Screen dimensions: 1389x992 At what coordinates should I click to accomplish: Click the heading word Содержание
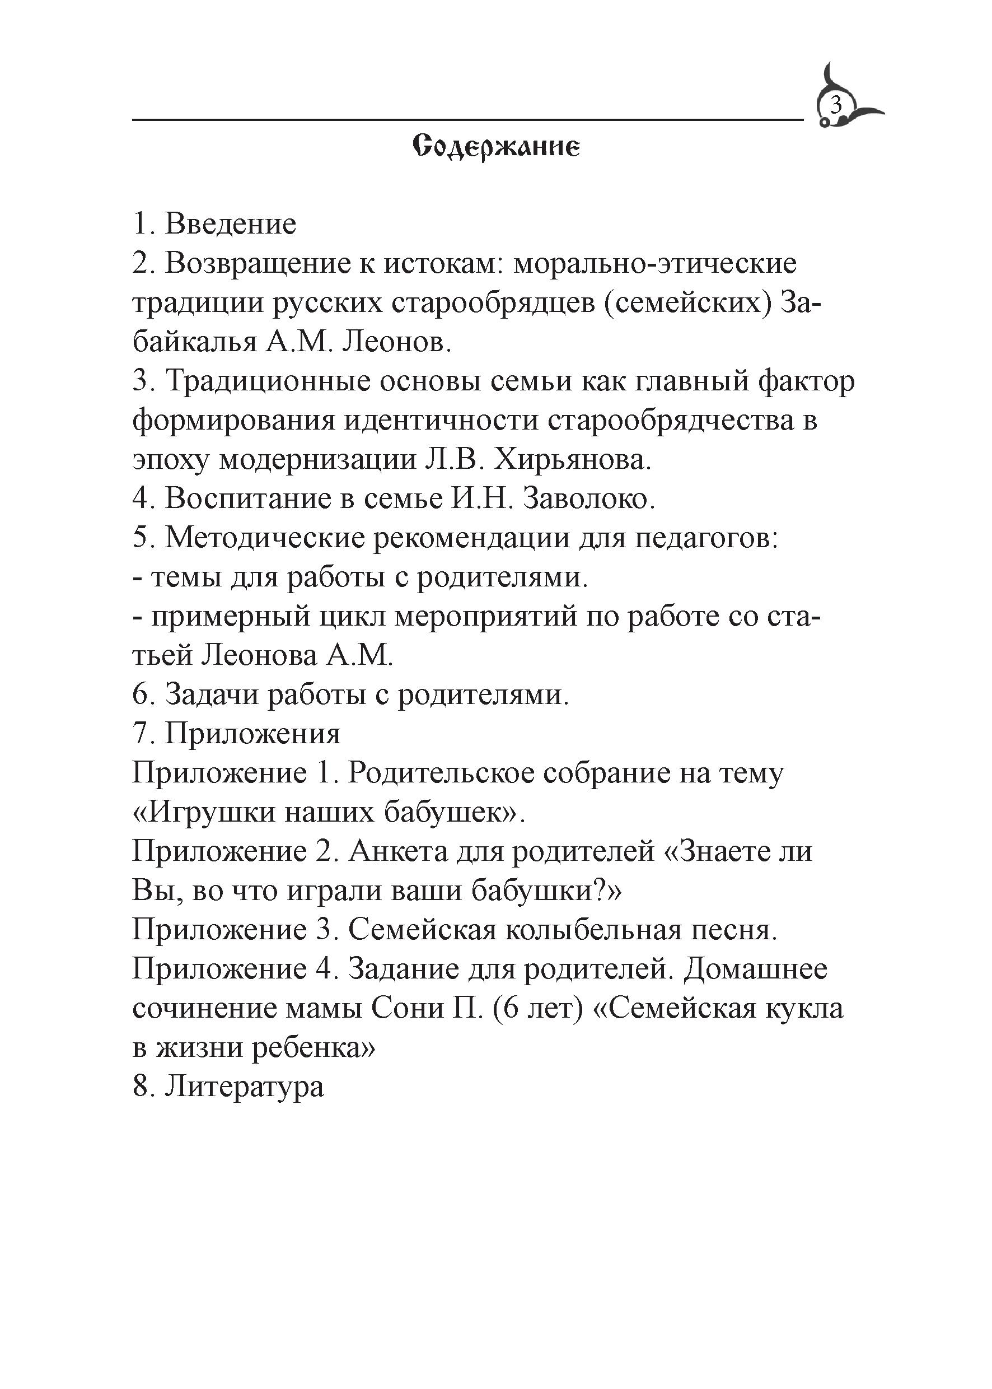[495, 147]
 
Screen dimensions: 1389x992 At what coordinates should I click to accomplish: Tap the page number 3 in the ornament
[836, 106]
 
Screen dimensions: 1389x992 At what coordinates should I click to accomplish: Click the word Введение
[230, 224]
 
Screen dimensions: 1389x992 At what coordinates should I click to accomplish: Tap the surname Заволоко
[589, 499]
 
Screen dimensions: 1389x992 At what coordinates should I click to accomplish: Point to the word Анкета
[397, 852]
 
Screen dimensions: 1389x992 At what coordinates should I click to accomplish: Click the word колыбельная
[593, 930]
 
